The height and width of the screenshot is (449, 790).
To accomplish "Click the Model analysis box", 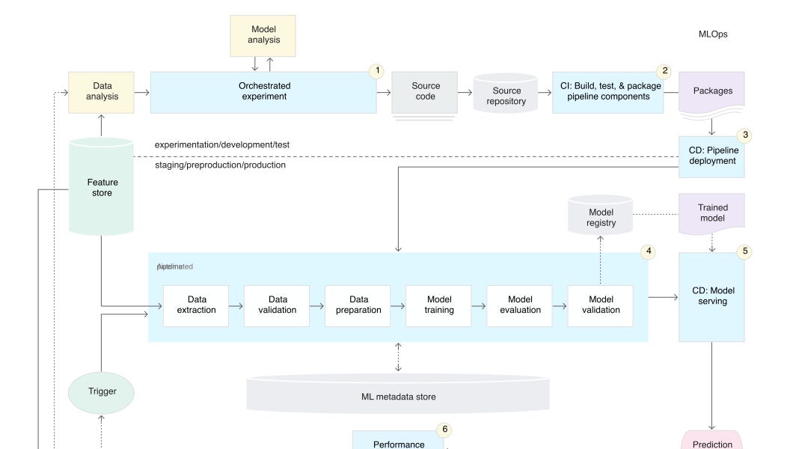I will coord(263,35).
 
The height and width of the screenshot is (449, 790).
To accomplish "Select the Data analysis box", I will coord(101,92).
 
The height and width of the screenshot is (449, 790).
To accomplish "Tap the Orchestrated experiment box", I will coord(263,92).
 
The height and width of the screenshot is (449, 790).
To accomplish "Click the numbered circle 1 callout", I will coord(377,71).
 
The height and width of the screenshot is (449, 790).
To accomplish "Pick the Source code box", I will coord(424,92).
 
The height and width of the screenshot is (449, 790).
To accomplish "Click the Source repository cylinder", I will coord(506,94).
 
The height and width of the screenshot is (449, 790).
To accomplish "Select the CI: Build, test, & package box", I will coord(607,92).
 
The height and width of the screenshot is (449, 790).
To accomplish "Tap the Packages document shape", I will coord(711,92).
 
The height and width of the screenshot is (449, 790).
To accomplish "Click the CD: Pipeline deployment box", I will coord(711,156).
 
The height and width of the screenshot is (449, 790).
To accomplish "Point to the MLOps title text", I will coord(712,34).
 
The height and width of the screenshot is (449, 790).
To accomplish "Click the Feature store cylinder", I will coord(102,187).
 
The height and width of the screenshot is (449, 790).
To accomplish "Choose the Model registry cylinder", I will coord(601,217).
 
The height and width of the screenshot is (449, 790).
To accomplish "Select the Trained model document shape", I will coord(711,213).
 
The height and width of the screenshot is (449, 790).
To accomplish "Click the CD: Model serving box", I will coord(711,296).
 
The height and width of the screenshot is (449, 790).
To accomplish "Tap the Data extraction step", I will coord(196,305).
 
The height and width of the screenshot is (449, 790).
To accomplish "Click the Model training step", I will coord(438,305).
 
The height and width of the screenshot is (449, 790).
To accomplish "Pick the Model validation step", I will coord(600,305).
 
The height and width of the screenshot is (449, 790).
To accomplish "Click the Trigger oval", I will coord(102,391).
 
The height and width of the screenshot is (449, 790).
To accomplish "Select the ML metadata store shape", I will coord(398,394).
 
